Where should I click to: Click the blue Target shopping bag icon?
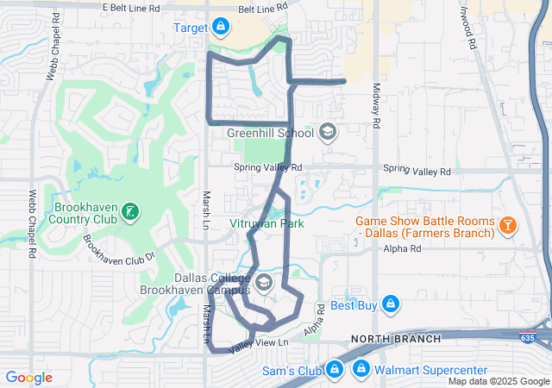click(x=221, y=28)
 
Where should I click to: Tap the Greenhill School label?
click(x=270, y=133)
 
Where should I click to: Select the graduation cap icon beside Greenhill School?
click(x=327, y=132)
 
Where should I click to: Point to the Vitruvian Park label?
click(x=268, y=223)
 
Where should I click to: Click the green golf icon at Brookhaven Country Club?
click(x=129, y=210)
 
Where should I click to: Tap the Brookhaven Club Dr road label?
click(x=118, y=249)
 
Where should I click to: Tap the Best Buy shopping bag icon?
click(x=390, y=305)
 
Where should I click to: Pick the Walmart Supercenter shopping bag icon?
click(x=362, y=371)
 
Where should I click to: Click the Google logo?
click(x=28, y=378)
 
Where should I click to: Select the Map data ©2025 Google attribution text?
click(x=498, y=381)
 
